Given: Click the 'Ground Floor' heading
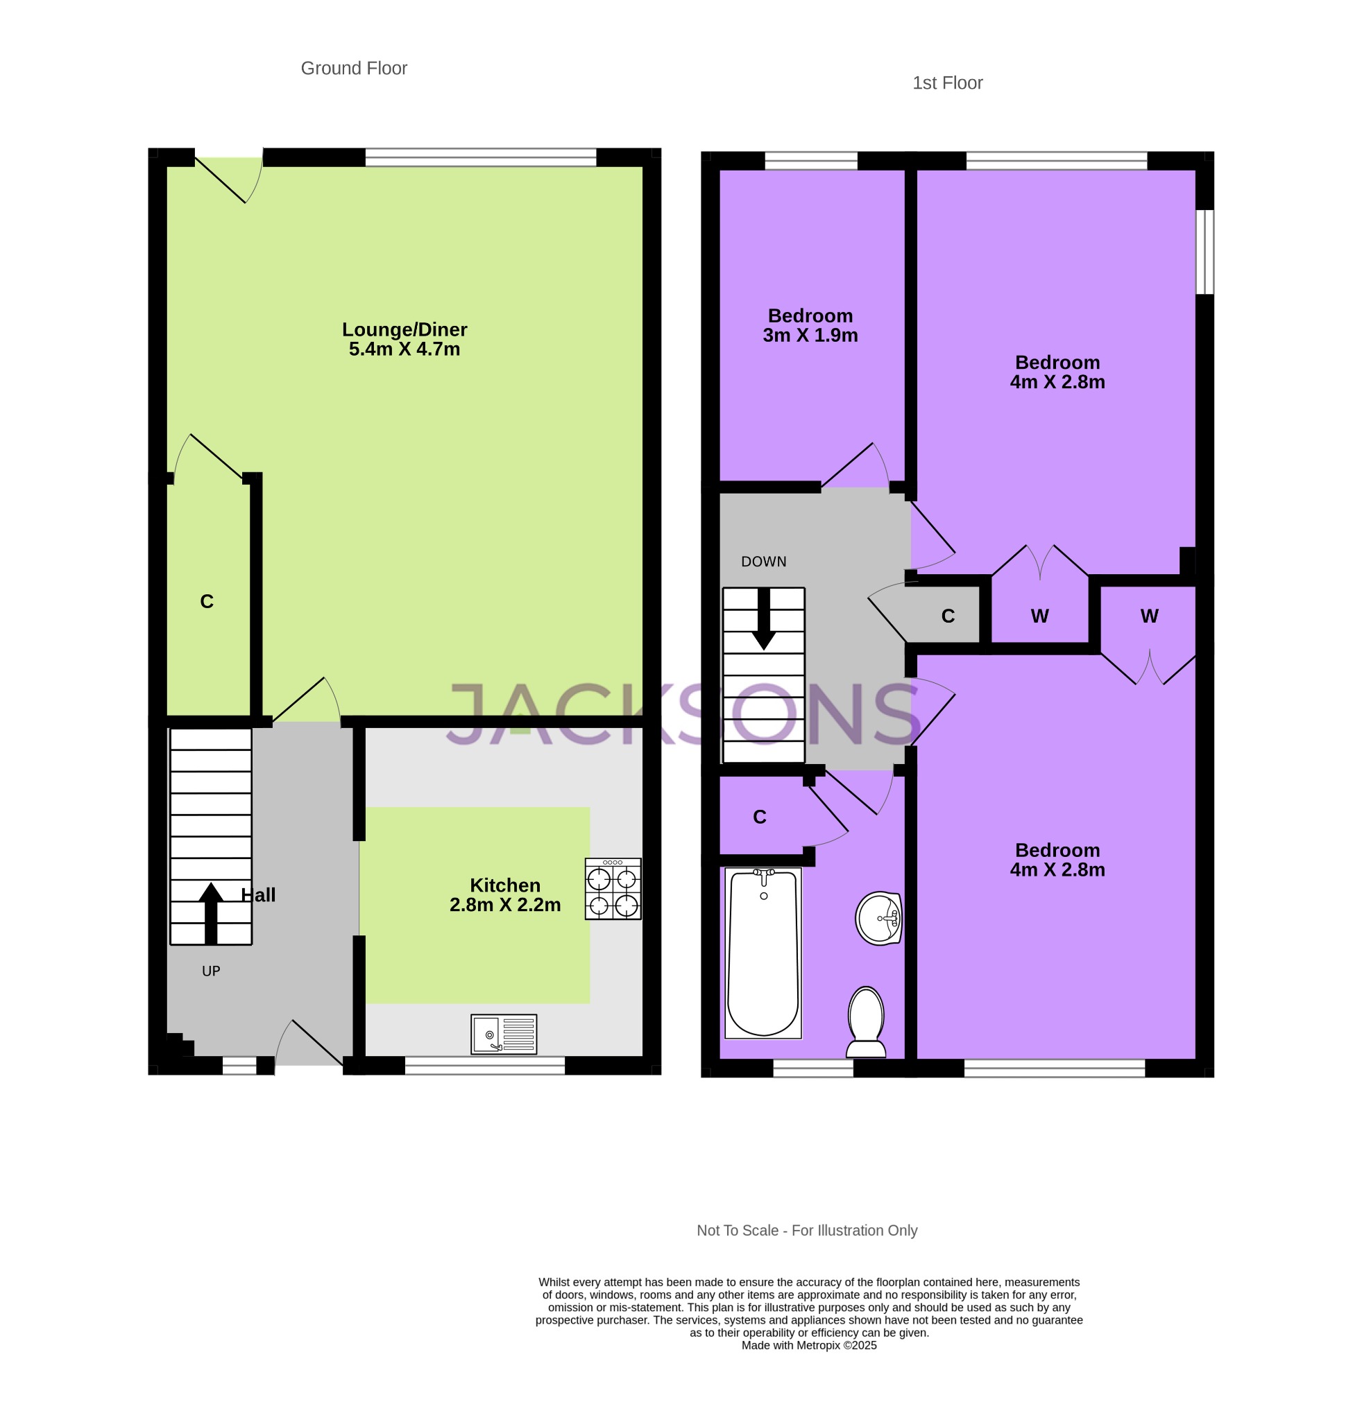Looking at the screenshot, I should [x=354, y=68].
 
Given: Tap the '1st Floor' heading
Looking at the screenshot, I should [x=946, y=83].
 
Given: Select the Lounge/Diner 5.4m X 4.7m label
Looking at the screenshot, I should [x=405, y=339].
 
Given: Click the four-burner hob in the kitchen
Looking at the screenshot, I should [x=613, y=889].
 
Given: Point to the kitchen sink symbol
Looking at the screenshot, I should [x=503, y=1034].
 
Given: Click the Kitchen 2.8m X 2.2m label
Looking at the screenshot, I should [x=504, y=894].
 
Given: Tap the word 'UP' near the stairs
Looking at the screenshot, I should [x=211, y=971].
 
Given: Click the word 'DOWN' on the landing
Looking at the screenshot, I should [x=763, y=562].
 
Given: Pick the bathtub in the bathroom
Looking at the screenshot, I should [x=763, y=953].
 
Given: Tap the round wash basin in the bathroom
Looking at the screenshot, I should [x=878, y=918].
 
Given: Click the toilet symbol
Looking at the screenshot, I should [x=865, y=1021].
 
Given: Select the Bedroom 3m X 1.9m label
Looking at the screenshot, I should [x=810, y=325].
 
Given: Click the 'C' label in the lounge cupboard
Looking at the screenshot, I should [x=207, y=601].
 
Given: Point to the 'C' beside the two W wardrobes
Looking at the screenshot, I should [x=947, y=616].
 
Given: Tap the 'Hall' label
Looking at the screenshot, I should [x=259, y=895].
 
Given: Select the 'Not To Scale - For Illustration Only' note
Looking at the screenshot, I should [x=806, y=1231].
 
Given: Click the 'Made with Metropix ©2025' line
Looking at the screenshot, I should [x=808, y=1345].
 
